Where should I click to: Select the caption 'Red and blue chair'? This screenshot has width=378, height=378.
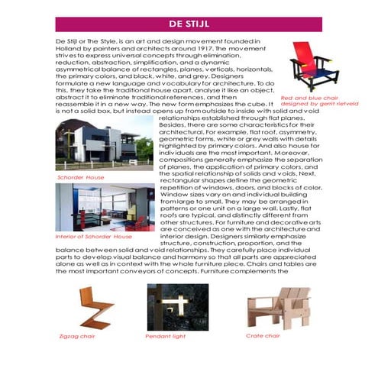[x=309, y=98]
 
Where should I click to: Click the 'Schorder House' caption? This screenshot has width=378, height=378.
[x=81, y=177]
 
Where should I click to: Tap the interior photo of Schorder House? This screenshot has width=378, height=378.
[x=104, y=207]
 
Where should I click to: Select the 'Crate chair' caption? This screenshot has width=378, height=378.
[x=263, y=335]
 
